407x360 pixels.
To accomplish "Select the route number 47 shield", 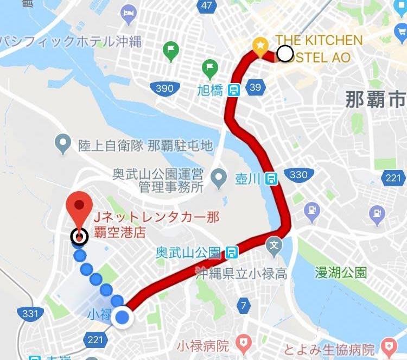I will (x=206, y=5).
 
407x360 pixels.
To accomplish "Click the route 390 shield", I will (x=164, y=88).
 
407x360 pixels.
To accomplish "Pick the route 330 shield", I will (x=298, y=175).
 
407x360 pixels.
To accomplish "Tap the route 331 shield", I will (x=30, y=313).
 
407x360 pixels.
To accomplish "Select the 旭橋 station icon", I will (x=234, y=90).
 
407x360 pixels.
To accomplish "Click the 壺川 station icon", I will (x=272, y=178).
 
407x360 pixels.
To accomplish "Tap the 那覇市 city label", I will (x=375, y=100).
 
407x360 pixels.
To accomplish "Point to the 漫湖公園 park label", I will (x=341, y=271).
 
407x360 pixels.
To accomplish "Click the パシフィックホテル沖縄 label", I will (x=71, y=41).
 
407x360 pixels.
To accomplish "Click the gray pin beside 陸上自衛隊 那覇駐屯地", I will (x=63, y=144).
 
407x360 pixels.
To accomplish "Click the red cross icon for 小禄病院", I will (x=245, y=343).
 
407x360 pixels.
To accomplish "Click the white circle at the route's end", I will (x=285, y=53).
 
